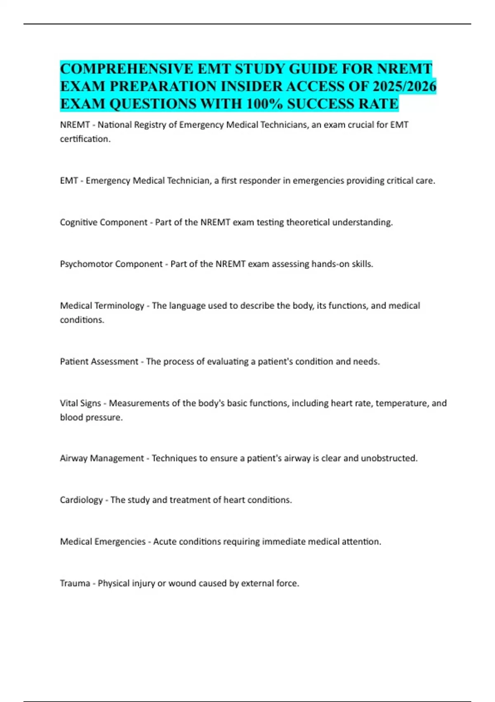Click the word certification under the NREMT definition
point(85,139)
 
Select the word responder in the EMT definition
point(261,181)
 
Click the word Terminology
point(119,306)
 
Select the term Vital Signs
point(80,403)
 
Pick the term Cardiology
point(81,500)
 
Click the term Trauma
point(75,583)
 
